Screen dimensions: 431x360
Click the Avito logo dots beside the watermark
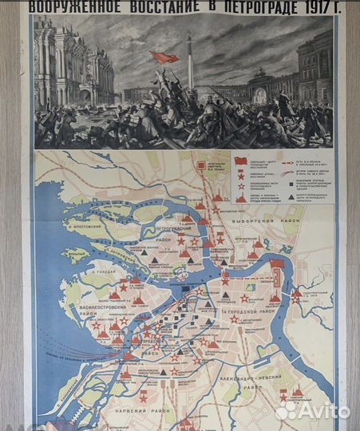(286, 410)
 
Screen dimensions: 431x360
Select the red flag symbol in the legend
(242, 161)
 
